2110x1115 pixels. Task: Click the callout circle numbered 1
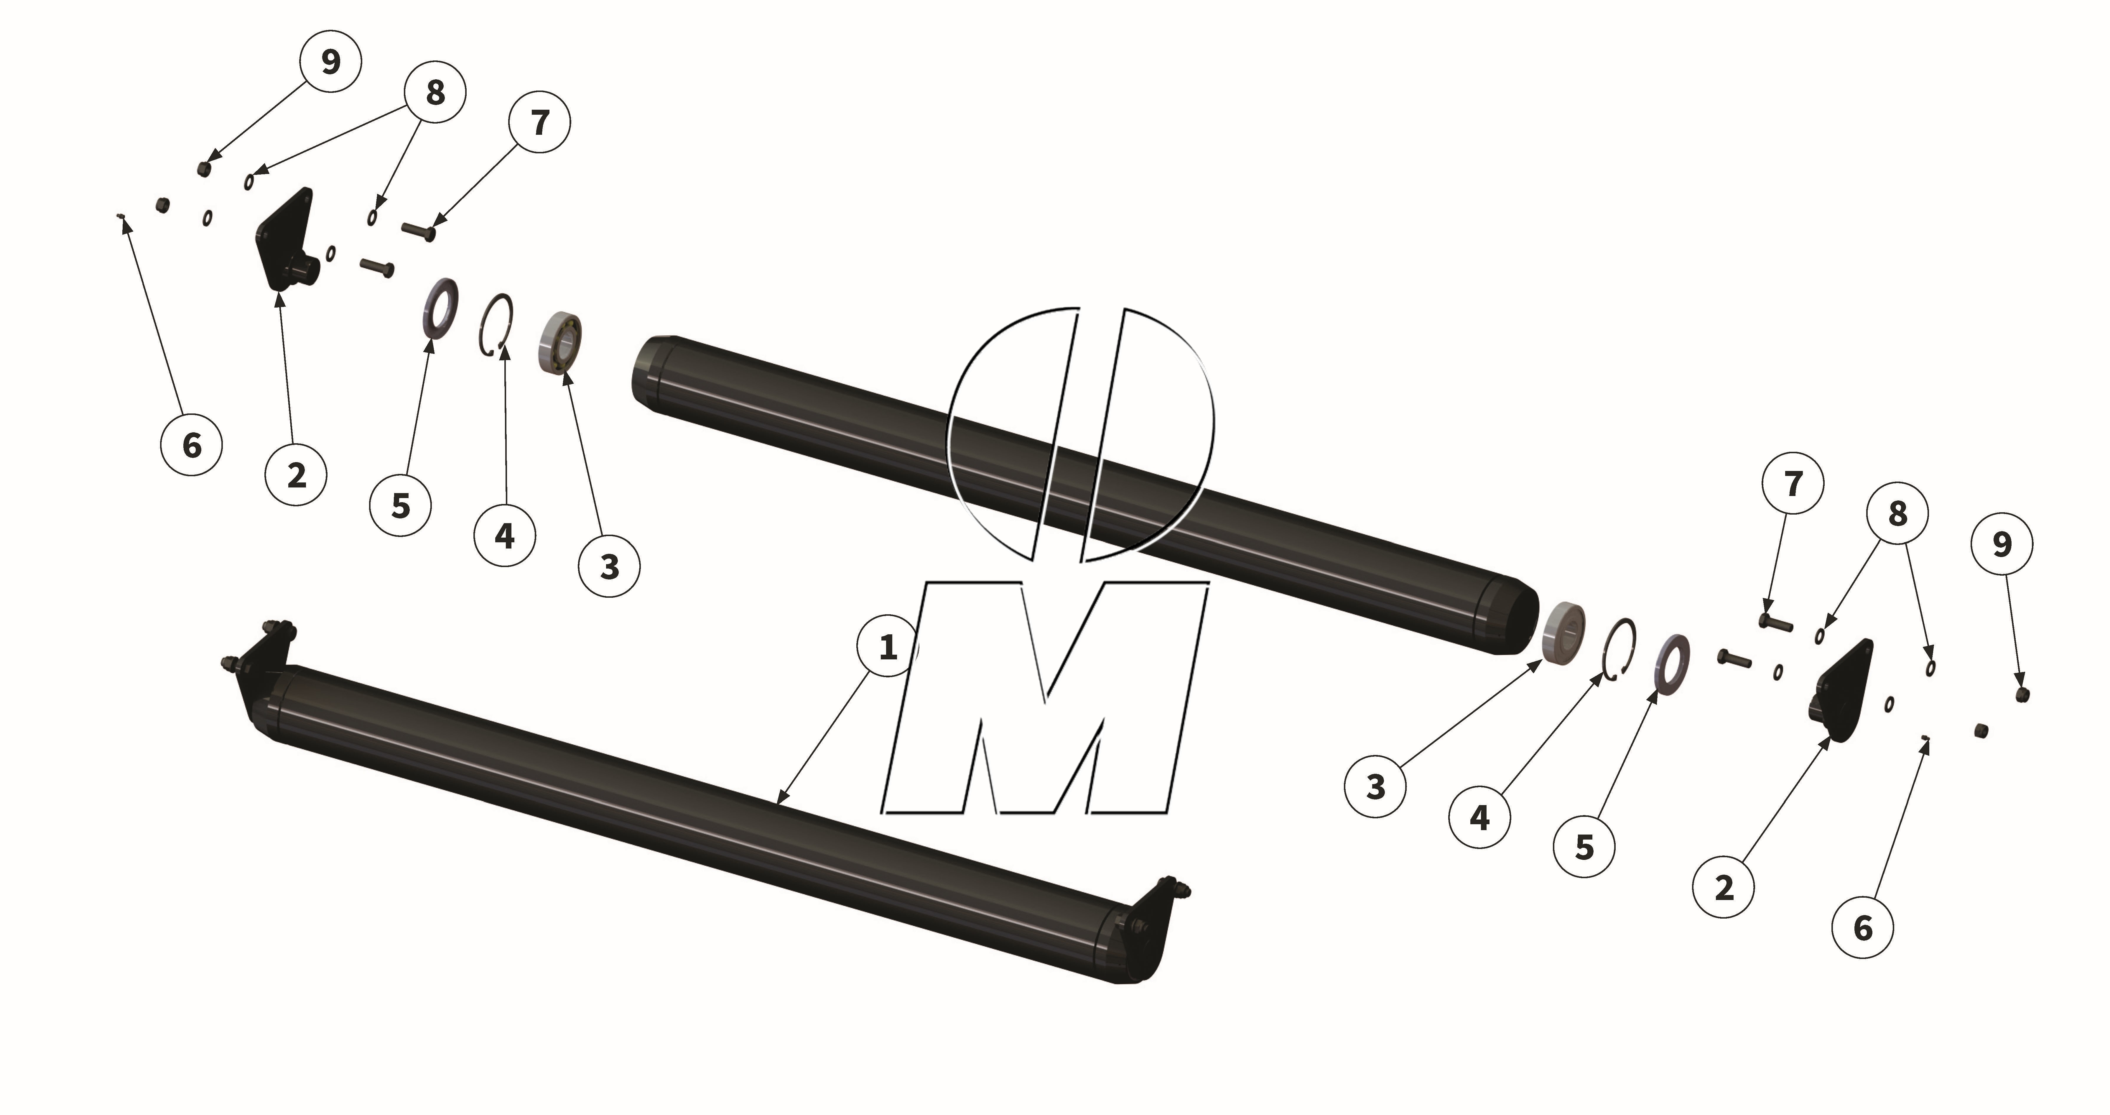coord(888,647)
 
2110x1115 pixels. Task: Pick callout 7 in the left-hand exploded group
coord(540,122)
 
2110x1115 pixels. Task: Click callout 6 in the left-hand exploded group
coord(192,445)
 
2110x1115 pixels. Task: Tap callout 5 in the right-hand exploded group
coord(1584,846)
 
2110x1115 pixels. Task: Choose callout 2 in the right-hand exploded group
coord(1723,886)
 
